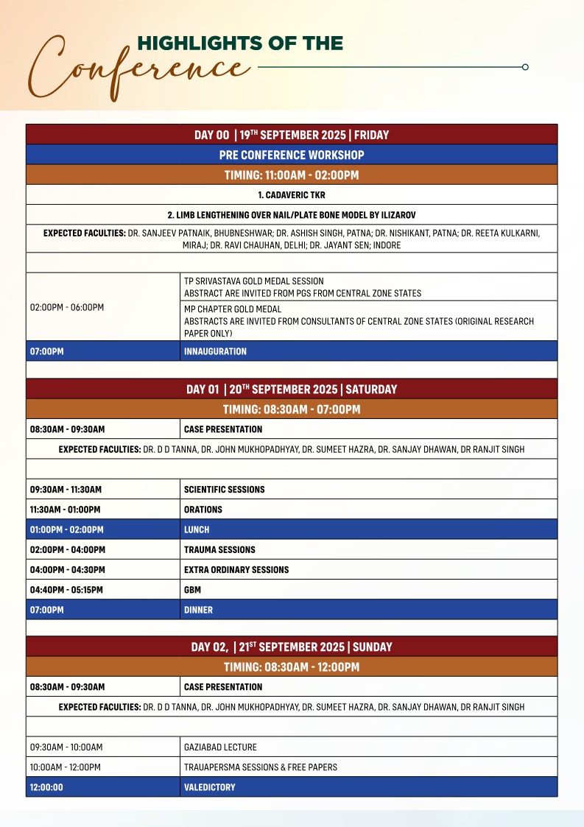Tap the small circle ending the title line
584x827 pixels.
click(x=525, y=67)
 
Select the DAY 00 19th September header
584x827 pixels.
click(x=292, y=135)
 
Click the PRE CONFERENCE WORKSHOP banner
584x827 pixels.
click(x=292, y=155)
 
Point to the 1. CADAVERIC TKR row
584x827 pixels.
click(x=292, y=195)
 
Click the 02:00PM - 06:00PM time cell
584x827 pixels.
click(x=67, y=307)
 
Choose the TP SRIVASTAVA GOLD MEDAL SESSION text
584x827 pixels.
click(x=254, y=281)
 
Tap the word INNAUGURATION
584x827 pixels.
click(x=215, y=351)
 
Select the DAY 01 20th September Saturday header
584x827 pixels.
click(x=292, y=389)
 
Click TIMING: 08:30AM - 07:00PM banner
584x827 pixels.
click(x=292, y=409)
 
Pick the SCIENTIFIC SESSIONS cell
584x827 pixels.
click(x=225, y=490)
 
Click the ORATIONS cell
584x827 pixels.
click(x=203, y=510)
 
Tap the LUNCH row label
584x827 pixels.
click(x=197, y=529)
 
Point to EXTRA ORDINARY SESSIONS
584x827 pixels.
click(x=236, y=569)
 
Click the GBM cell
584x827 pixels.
click(x=192, y=590)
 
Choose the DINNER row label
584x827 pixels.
click(x=198, y=610)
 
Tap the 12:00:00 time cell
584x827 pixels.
click(x=46, y=787)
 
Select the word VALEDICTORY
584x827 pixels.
click(x=210, y=787)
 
